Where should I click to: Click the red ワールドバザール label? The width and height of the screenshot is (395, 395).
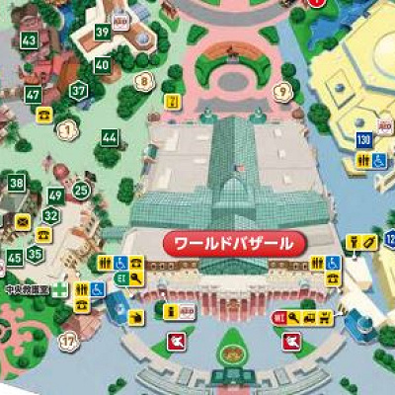(x=233, y=242)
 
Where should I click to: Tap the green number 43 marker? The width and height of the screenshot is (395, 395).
(x=30, y=40)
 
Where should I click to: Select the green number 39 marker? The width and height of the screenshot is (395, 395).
(x=102, y=32)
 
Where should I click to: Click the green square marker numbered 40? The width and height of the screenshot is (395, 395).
(x=102, y=65)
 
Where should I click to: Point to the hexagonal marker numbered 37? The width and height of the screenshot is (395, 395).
(x=78, y=91)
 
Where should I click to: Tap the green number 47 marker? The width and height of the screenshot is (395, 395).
(x=34, y=95)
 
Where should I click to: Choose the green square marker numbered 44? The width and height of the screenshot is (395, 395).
(x=109, y=137)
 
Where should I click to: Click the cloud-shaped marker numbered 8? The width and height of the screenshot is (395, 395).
(x=146, y=81)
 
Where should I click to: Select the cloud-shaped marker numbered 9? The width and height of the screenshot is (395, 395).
(x=284, y=92)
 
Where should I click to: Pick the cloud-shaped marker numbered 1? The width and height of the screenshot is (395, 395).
(x=67, y=127)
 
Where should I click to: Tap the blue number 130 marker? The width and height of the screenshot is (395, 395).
(x=363, y=139)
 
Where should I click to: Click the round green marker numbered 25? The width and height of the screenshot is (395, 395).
(x=81, y=191)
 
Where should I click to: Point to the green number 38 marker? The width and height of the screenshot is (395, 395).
(x=17, y=182)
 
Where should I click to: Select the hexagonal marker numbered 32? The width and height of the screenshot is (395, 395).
(x=51, y=216)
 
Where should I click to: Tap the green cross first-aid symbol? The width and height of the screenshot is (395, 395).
(x=61, y=291)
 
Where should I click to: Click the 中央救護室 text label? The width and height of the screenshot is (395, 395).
(x=26, y=291)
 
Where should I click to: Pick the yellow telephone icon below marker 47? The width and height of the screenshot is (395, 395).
(x=44, y=115)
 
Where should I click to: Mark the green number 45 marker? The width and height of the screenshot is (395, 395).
(x=14, y=258)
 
